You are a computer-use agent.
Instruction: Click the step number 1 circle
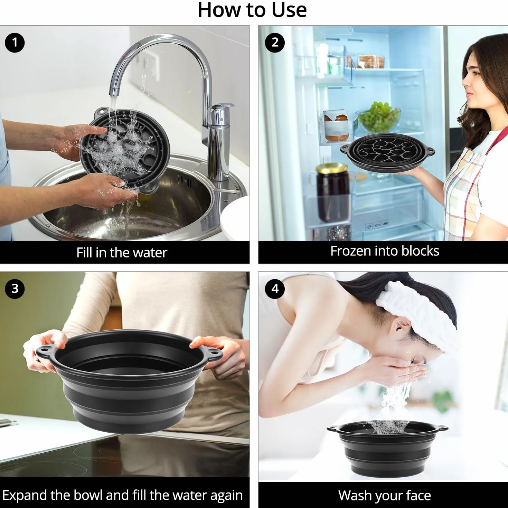(x=15, y=43)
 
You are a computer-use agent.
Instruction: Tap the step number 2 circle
(x=275, y=43)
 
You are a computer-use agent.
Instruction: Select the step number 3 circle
(x=15, y=289)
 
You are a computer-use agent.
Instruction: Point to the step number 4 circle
(x=275, y=289)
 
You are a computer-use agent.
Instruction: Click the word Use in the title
(x=289, y=10)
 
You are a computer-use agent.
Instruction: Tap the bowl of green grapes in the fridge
(x=379, y=117)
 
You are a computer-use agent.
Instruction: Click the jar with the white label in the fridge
(x=336, y=125)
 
